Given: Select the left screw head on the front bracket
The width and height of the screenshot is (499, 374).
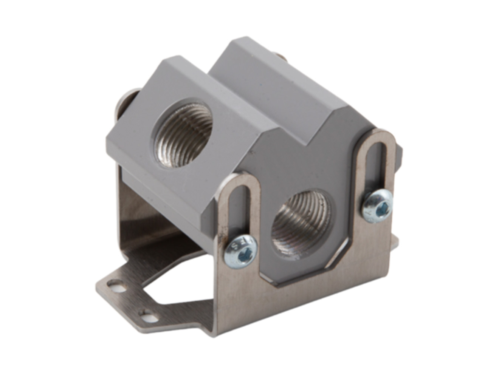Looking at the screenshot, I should tap(240, 250).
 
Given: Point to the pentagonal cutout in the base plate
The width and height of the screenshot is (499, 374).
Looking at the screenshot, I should tap(178, 287).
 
